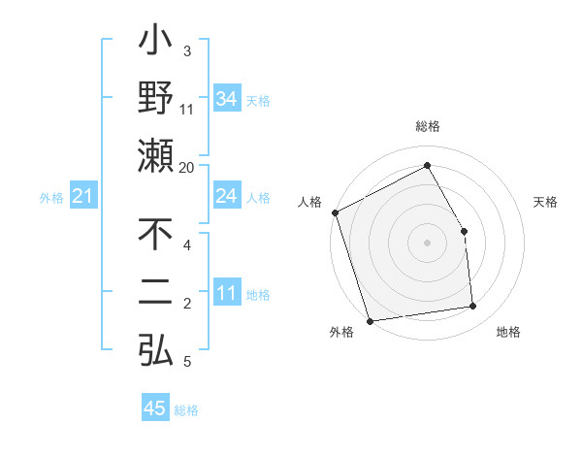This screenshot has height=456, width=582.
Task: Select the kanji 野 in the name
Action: coord(155,100)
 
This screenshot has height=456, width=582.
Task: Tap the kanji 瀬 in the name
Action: coord(155,155)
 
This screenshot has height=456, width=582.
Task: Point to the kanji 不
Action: coord(155,236)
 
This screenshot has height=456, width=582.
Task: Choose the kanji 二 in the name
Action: coord(155,293)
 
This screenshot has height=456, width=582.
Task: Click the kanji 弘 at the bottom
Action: coord(155,348)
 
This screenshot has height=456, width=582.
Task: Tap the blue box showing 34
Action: coord(227,99)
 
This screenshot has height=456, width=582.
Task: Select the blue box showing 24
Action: coord(227,197)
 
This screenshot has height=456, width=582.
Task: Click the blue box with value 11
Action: coord(227,293)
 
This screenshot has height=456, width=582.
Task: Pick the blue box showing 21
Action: coord(83,197)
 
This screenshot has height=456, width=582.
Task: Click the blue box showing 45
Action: coord(155,407)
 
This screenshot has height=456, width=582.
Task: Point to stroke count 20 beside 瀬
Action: coord(187,167)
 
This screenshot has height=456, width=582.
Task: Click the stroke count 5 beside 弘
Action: coord(187,362)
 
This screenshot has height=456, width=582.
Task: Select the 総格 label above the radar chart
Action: coord(428,126)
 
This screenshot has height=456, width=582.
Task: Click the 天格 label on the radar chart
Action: coord(546,202)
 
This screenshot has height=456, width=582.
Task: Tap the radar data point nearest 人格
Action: coord(335,212)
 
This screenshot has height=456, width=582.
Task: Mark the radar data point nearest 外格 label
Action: coord(370,321)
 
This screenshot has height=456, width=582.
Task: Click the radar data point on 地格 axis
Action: coord(473,307)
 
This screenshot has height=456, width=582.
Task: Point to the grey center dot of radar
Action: coord(428,243)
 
